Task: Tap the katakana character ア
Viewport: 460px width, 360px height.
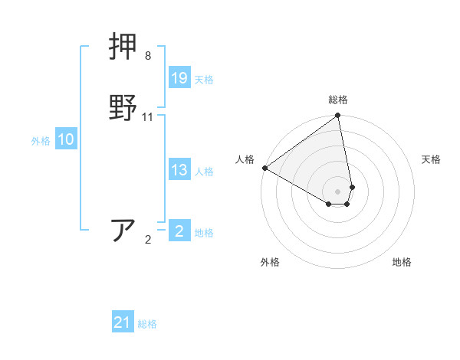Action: click(124, 231)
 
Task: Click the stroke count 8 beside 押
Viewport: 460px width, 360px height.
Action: click(148, 56)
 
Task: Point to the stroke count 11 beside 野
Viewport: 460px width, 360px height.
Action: click(148, 117)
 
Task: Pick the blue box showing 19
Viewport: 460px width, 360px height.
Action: click(179, 77)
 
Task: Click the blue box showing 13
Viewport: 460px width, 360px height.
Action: click(179, 171)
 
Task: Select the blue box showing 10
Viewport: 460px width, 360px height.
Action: click(66, 139)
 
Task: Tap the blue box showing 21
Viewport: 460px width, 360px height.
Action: click(123, 322)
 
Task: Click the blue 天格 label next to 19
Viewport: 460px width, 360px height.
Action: click(204, 80)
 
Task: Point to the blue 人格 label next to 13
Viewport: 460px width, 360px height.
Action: click(204, 172)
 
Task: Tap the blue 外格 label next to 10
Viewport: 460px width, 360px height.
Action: click(41, 141)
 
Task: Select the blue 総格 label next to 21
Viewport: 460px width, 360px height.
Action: click(147, 324)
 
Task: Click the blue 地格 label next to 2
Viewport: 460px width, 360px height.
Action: click(204, 233)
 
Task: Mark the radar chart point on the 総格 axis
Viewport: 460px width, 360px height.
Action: click(338, 116)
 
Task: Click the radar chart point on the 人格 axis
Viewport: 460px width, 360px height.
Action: click(265, 168)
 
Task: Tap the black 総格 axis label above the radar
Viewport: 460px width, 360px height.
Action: click(338, 100)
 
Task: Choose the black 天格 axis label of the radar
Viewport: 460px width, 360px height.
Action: click(431, 159)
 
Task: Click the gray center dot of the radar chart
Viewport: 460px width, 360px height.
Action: click(338, 191)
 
